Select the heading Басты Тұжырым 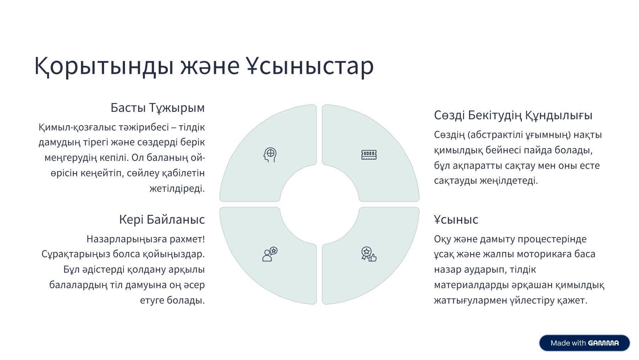tap(158, 108)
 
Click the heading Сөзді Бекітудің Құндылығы tap(513, 115)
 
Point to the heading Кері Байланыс tap(162, 219)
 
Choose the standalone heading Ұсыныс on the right tap(456, 220)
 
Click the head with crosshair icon tap(270, 155)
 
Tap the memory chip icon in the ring tap(369, 155)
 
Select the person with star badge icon tap(270, 254)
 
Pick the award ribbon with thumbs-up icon tap(369, 254)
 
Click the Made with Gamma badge tap(584, 343)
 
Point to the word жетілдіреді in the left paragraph tap(177, 189)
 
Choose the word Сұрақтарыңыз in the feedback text tap(76, 255)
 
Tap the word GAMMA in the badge tap(603, 343)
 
